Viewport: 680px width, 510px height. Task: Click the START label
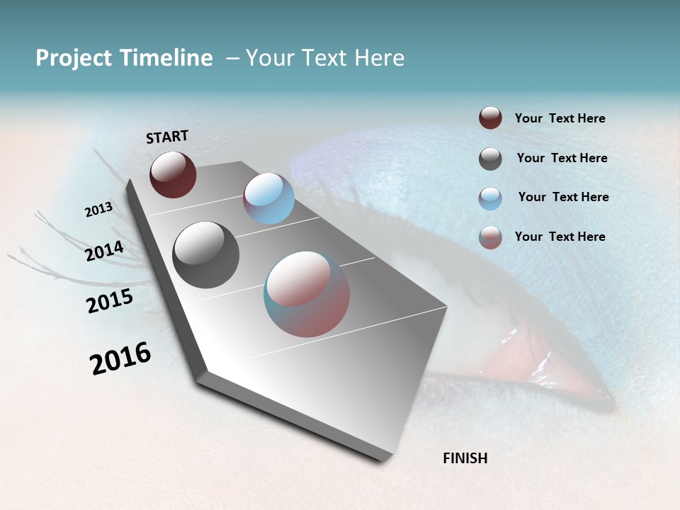tap(167, 137)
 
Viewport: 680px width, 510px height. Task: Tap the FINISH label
tap(465, 458)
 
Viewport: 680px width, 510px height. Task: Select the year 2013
tap(98, 210)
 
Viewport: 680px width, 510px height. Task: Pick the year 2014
tap(105, 251)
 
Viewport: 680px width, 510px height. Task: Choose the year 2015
tap(110, 301)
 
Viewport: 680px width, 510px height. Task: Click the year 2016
tap(120, 358)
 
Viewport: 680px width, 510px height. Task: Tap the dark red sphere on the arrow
tap(173, 174)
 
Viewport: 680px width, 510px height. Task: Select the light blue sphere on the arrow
tap(268, 198)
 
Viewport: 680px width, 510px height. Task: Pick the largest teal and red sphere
tap(307, 294)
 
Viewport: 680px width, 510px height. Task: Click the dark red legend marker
tap(490, 118)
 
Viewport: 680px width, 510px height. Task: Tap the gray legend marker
tap(490, 159)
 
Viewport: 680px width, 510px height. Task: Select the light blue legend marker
tap(490, 198)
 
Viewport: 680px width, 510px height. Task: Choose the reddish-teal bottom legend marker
tap(490, 237)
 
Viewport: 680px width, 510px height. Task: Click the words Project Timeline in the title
tap(124, 58)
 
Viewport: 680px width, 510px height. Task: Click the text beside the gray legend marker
tap(562, 158)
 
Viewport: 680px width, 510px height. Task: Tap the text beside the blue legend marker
tap(563, 197)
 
